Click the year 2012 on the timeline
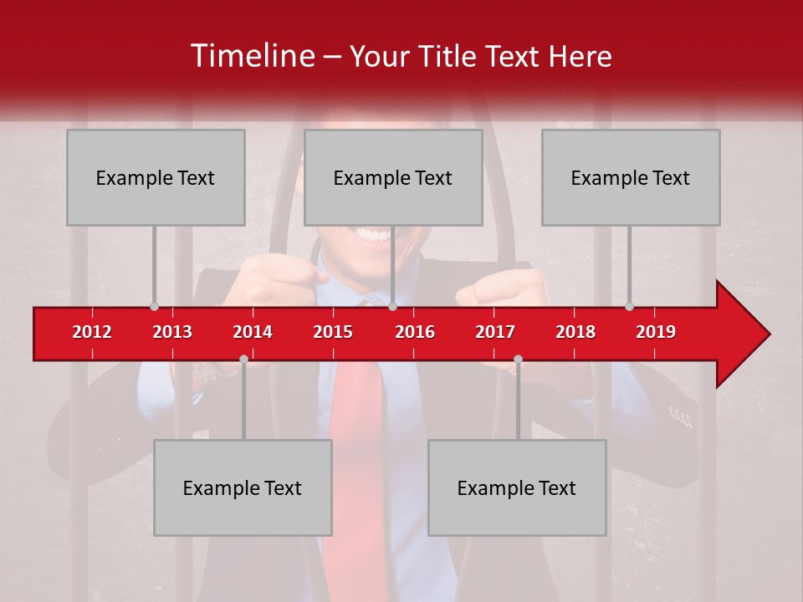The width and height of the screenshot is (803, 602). [x=92, y=332]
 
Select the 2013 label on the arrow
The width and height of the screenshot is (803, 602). [x=172, y=332]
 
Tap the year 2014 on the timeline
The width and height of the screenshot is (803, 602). [x=253, y=332]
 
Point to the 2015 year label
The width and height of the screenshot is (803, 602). [x=333, y=332]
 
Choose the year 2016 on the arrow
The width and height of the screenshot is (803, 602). [x=415, y=332]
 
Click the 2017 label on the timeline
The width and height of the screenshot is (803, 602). [x=495, y=332]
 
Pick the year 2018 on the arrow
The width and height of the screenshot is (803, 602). [x=575, y=332]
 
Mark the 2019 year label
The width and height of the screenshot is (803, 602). [x=656, y=332]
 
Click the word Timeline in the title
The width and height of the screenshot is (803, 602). [x=252, y=56]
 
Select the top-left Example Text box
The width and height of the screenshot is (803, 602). [x=156, y=177]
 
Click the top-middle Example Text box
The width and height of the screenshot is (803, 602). [x=393, y=177]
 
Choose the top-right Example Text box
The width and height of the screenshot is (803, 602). [x=631, y=177]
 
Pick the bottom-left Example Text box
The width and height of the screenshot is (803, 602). [x=243, y=487]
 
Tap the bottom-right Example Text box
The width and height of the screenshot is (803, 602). [x=517, y=487]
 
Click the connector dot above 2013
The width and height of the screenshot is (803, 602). [x=154, y=307]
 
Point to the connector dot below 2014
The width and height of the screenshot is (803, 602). [x=243, y=360]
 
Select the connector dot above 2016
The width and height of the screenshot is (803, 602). [x=392, y=307]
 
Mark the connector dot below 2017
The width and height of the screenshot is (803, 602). [x=518, y=360]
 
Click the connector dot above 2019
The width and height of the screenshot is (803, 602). [x=629, y=307]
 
